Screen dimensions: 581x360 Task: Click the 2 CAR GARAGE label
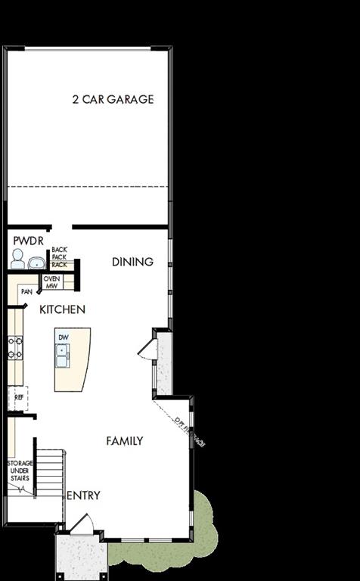click(113, 99)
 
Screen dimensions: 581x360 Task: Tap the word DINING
click(132, 262)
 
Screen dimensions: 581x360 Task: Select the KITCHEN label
click(62, 309)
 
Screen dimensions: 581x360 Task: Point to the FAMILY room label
click(125, 441)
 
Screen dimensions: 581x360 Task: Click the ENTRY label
click(83, 496)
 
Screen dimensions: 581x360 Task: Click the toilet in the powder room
click(17, 260)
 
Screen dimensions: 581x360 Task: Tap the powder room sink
click(36, 263)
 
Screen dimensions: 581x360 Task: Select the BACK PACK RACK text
click(60, 257)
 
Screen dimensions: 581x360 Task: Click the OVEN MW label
click(51, 282)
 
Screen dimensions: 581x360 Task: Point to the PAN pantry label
click(26, 291)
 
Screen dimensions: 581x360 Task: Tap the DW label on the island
click(63, 337)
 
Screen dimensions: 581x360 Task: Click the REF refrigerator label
click(19, 396)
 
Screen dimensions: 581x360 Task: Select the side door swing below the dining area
click(146, 348)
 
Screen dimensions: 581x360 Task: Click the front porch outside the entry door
click(78, 556)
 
